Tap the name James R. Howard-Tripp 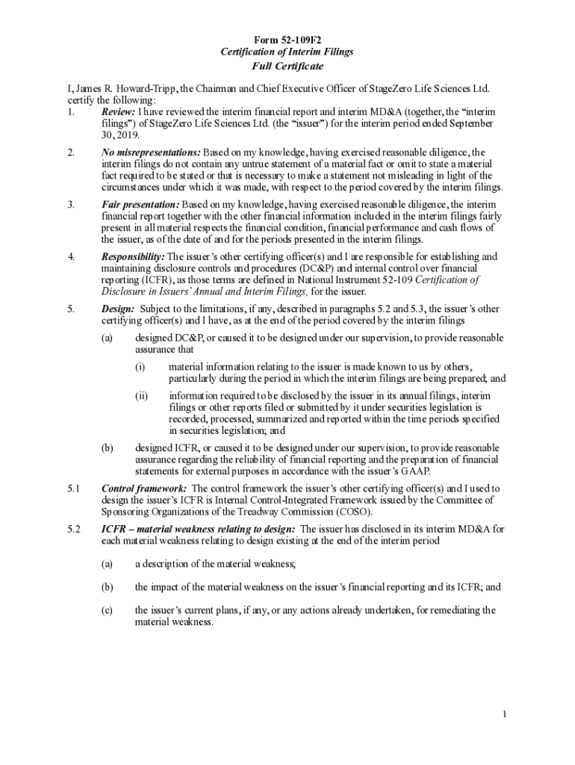pyautogui.click(x=117, y=89)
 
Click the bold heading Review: pyautogui.click(x=117, y=111)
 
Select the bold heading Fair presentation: pyautogui.click(x=140, y=205)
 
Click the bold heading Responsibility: pyautogui.click(x=133, y=256)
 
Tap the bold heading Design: pyautogui.click(x=117, y=309)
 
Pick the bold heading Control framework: pyautogui.click(x=144, y=489)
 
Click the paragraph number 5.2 pyautogui.click(x=73, y=529)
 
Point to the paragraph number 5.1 pyautogui.click(x=73, y=489)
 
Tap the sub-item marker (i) pyautogui.click(x=140, y=367)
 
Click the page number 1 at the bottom pyautogui.click(x=505, y=716)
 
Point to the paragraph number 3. pyautogui.click(x=70, y=205)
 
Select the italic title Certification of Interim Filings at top pyautogui.click(x=287, y=52)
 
